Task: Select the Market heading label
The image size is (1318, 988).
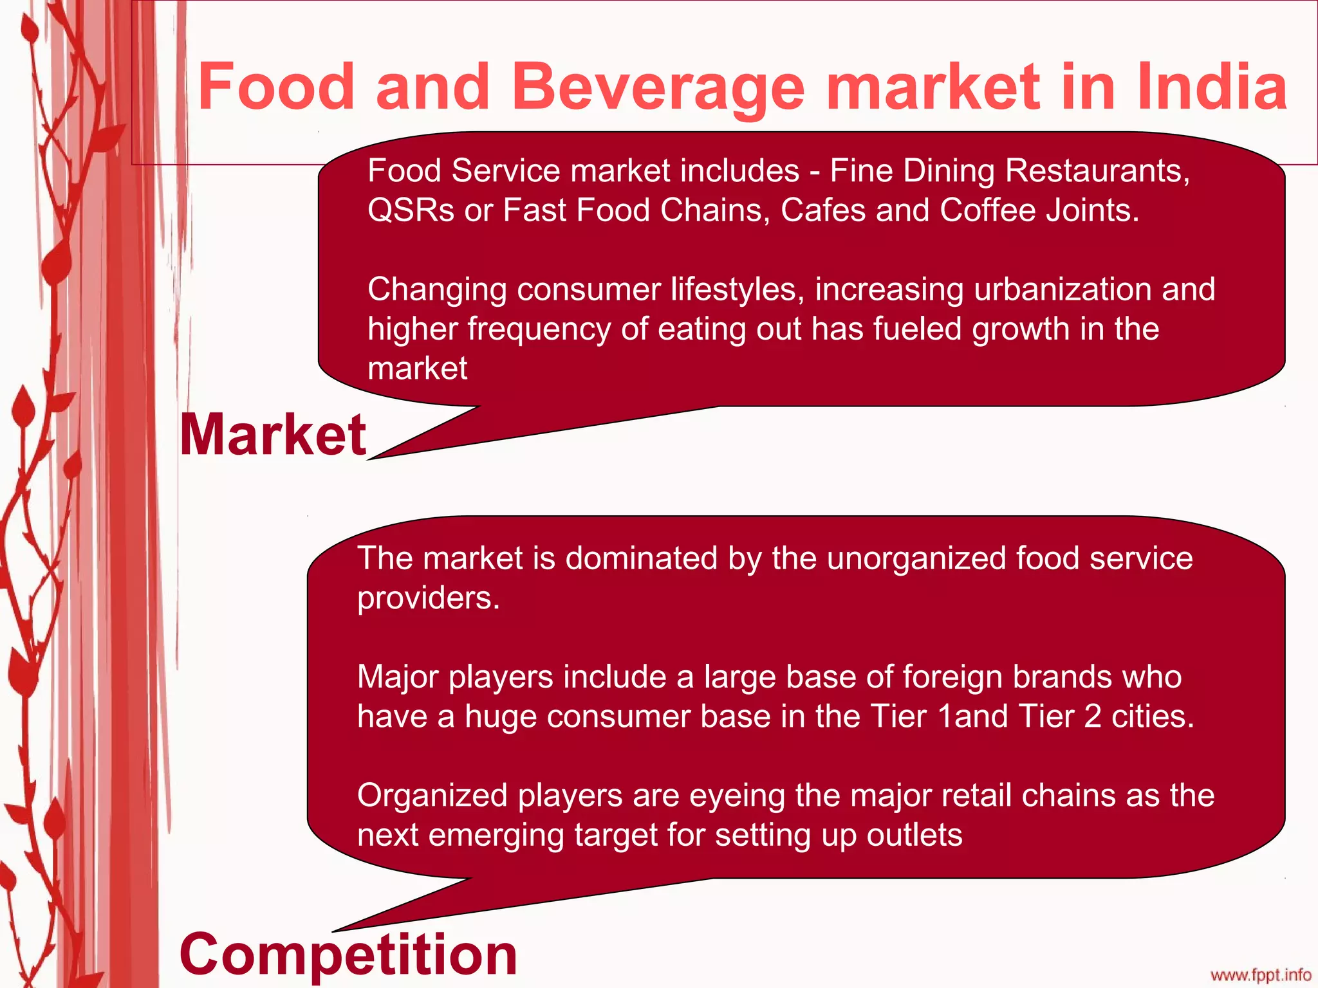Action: [273, 435]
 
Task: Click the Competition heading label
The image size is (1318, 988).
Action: [348, 954]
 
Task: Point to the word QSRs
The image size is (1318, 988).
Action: [411, 210]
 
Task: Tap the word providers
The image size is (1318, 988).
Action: [428, 598]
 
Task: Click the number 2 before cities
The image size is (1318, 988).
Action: [1093, 717]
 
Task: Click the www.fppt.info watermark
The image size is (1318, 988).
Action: [1261, 975]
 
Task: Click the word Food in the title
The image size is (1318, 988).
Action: [276, 87]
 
